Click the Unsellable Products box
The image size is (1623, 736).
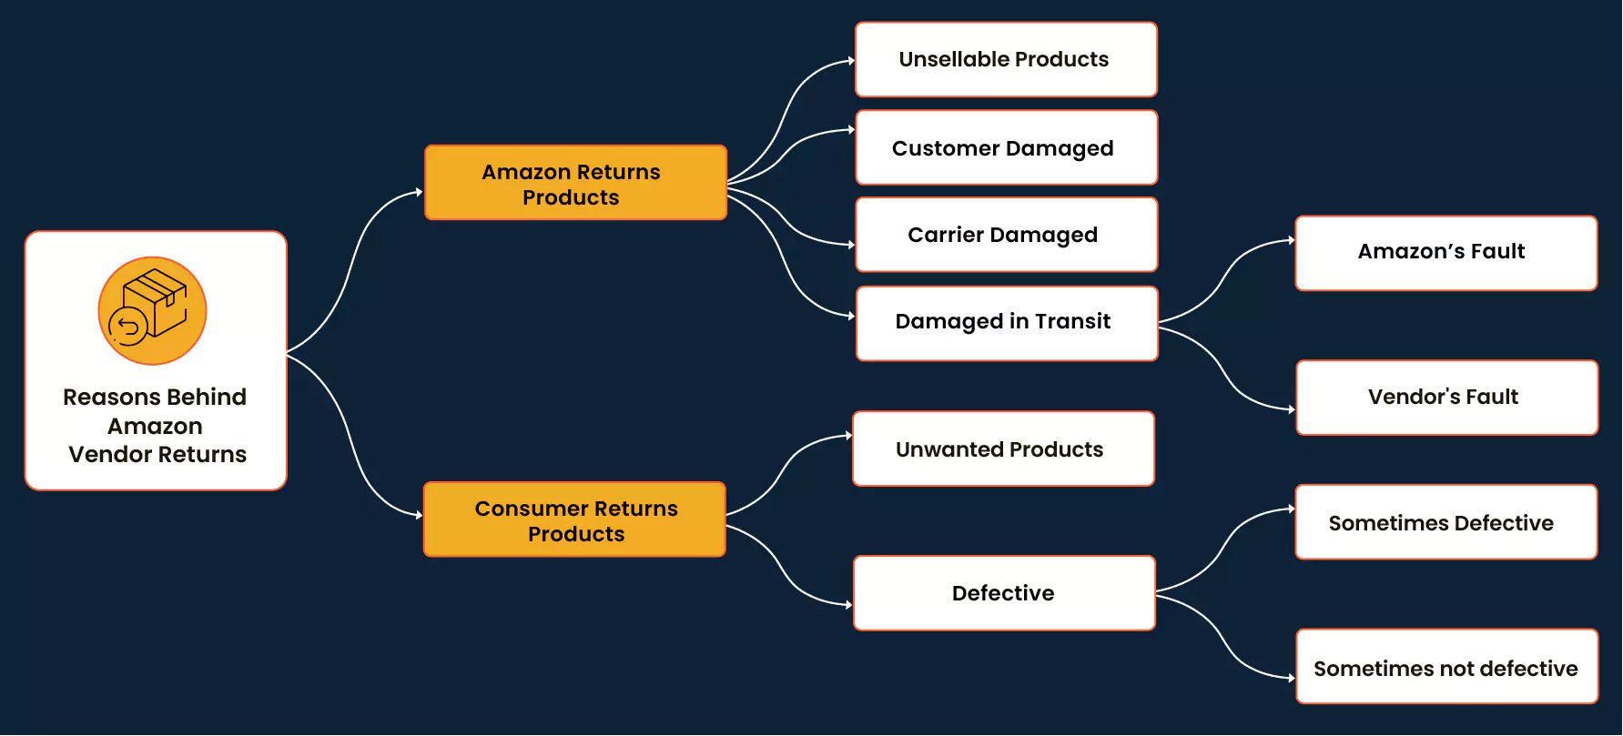[1006, 60]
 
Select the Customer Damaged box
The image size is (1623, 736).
[1006, 148]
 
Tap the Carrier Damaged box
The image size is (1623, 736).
[1006, 235]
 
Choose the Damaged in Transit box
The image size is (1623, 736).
[1006, 323]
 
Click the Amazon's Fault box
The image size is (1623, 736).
[1445, 253]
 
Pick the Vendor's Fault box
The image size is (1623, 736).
[1445, 398]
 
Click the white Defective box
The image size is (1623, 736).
[1004, 593]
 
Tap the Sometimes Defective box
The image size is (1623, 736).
[1445, 522]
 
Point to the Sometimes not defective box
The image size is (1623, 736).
[1445, 667]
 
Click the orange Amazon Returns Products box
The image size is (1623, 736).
[575, 183]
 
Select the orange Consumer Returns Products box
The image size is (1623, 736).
[574, 519]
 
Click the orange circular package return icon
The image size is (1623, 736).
[152, 311]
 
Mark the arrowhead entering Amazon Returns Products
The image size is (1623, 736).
[419, 192]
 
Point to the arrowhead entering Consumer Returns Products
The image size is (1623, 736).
[419, 515]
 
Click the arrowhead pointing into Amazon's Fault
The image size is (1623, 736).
[1291, 240]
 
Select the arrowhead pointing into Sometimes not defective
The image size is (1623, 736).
[1291, 678]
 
